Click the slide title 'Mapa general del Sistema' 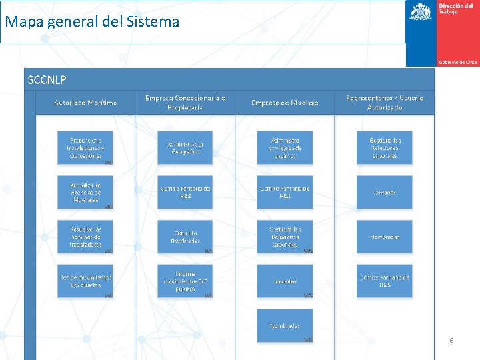(x=92, y=22)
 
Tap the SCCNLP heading (x=47, y=80)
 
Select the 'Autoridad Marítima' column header (x=85, y=102)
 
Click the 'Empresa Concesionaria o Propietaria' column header (x=185, y=102)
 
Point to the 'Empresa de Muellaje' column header (x=285, y=102)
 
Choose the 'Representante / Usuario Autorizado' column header (x=385, y=102)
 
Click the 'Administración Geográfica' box (x=185, y=147)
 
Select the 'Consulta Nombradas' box (x=185, y=237)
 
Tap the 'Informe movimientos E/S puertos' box (x=185, y=281)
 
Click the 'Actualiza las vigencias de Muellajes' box (x=85, y=192)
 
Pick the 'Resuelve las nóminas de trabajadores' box (x=85, y=237)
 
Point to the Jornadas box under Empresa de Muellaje (x=285, y=281)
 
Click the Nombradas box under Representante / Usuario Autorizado (x=385, y=237)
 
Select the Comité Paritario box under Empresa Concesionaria (x=185, y=192)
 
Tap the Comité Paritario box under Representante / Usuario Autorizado (x=385, y=281)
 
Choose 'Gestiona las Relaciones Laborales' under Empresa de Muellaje (x=285, y=237)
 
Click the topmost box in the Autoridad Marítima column (x=85, y=147)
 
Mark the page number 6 (x=451, y=340)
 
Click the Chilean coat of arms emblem (x=421, y=11)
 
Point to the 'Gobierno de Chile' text (x=457, y=62)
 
